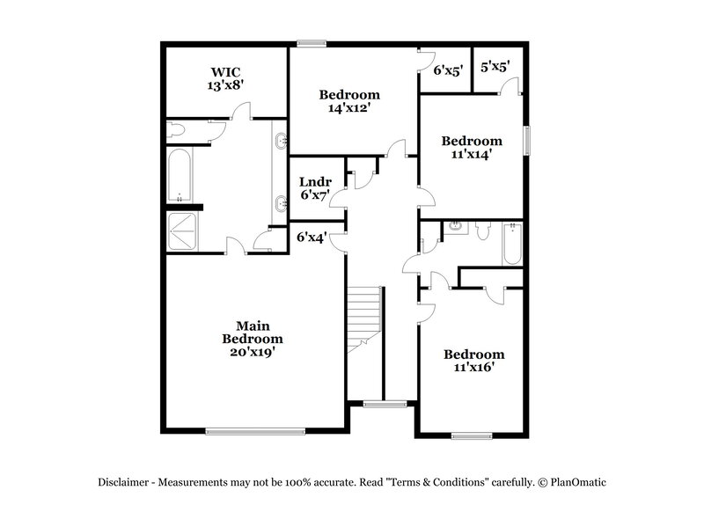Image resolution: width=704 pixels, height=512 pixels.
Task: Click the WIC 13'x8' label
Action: click(x=226, y=78)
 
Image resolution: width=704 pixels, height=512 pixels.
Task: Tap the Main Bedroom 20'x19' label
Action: click(x=253, y=339)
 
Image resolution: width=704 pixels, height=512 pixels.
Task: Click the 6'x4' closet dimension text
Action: click(x=312, y=237)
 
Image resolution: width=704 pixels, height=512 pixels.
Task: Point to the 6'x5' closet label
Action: click(x=448, y=72)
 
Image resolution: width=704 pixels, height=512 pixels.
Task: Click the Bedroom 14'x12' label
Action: click(x=349, y=101)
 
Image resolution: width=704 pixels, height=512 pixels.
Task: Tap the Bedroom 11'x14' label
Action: click(x=472, y=147)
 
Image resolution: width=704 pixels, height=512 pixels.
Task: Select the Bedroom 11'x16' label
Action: click(x=473, y=361)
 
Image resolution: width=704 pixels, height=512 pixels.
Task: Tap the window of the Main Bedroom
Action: click(x=255, y=430)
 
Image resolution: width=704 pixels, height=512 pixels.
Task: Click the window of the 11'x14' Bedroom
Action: click(x=528, y=141)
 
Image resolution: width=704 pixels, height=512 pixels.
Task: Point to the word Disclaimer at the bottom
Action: click(x=127, y=482)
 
